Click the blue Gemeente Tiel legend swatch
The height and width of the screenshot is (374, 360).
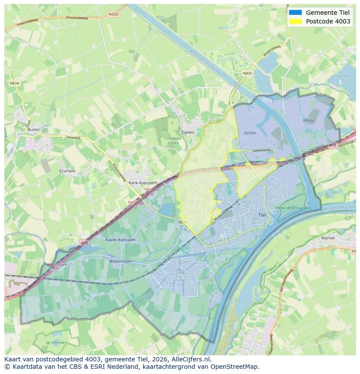point(296,12)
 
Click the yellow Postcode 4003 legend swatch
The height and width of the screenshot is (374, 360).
point(296,21)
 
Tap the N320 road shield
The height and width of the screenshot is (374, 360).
point(113,14)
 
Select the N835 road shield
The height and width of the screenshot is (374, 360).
point(247,73)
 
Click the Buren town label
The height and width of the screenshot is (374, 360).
point(33,129)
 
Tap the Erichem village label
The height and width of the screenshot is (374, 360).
point(67,171)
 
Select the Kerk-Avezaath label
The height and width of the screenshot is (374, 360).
point(143,183)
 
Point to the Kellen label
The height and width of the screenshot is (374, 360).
point(250,133)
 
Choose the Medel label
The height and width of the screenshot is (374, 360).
point(310,120)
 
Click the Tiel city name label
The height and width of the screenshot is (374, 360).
point(262,215)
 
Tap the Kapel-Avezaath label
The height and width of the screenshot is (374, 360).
point(120,239)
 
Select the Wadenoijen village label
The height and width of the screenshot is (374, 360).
point(120,261)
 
